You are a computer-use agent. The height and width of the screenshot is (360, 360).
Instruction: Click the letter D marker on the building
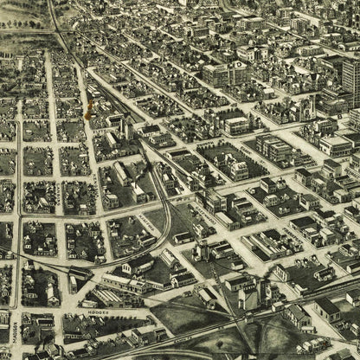coord(238,64)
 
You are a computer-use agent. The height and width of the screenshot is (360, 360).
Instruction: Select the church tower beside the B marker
coord(309,107)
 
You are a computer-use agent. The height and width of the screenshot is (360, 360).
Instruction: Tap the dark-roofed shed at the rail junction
coord(80,275)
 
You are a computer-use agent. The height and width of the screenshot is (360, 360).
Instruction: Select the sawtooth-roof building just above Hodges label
coord(112,297)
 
